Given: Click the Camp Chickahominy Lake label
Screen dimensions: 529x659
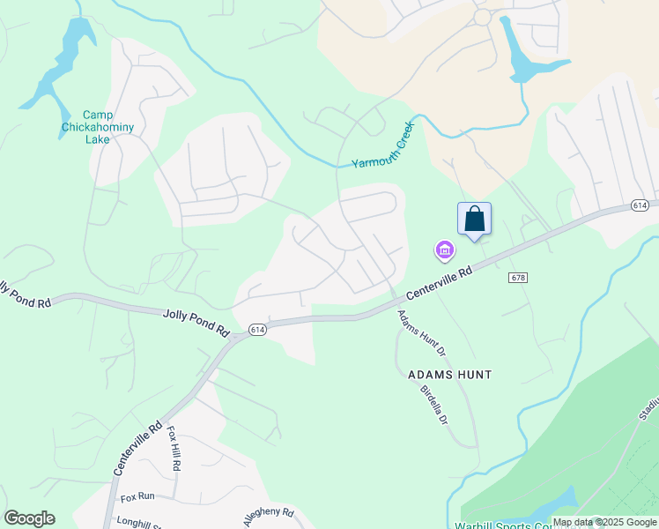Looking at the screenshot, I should pos(108,127).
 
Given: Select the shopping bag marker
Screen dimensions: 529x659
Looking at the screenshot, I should pos(474,219).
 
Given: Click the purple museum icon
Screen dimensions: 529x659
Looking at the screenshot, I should pos(445,252).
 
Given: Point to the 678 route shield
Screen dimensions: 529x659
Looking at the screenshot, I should pos(518,278).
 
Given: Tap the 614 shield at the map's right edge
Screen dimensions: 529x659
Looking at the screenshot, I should pos(640,205).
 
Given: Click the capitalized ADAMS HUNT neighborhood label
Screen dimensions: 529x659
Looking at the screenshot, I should pos(449,375).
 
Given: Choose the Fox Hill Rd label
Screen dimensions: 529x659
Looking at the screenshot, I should pos(174,449).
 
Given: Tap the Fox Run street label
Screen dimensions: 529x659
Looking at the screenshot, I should pos(137,496).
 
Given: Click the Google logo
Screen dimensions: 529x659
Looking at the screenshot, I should pos(29,518).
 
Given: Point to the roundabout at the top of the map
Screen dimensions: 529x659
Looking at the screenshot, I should pos(482,17).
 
